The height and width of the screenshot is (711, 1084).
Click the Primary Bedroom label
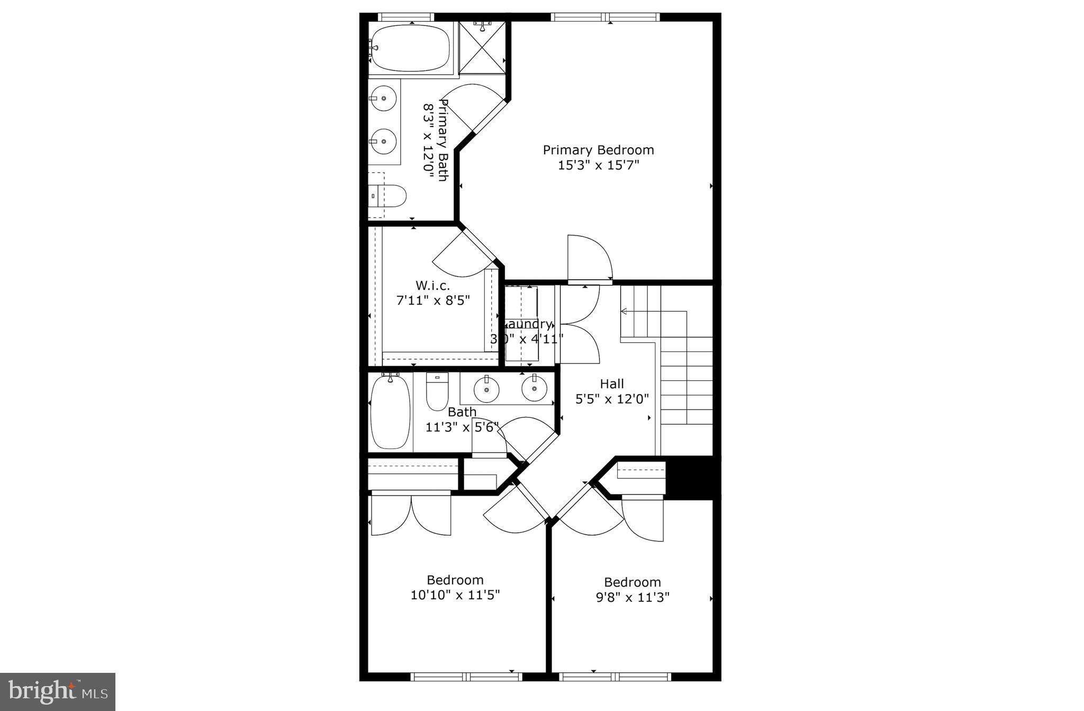pyautogui.click(x=598, y=150)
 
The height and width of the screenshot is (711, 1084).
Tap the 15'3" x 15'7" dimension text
pyautogui.click(x=599, y=165)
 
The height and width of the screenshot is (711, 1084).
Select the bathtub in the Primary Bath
pyautogui.click(x=409, y=48)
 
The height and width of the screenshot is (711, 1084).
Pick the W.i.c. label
pyautogui.click(x=432, y=286)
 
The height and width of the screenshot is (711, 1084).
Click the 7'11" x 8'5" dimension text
pyautogui.click(x=433, y=300)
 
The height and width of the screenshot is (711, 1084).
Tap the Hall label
pyautogui.click(x=612, y=384)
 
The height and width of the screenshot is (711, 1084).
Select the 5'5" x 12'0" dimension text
pyautogui.click(x=612, y=398)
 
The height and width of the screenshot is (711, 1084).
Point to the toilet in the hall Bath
pyautogui.click(x=437, y=392)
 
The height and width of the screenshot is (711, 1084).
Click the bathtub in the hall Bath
pyautogui.click(x=391, y=412)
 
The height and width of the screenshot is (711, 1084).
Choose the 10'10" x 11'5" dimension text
pyautogui.click(x=455, y=595)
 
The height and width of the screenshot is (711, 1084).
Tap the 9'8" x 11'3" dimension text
pyautogui.click(x=633, y=598)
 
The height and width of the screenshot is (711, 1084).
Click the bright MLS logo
pyautogui.click(x=58, y=691)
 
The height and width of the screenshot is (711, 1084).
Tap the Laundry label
pyautogui.click(x=528, y=324)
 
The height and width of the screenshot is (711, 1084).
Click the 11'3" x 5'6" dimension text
pyautogui.click(x=462, y=427)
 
